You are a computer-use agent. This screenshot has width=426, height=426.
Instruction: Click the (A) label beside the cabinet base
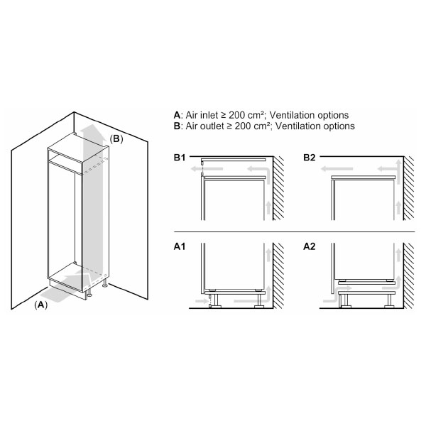coord(41,305)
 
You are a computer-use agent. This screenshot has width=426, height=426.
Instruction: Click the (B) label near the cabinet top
coord(116,140)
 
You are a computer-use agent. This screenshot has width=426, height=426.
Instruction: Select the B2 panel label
coord(310,158)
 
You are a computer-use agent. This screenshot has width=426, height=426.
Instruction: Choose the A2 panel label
coord(310,248)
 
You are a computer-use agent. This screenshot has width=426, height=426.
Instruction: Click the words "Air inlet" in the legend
coord(202,115)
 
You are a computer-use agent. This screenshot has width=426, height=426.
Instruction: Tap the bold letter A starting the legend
coord(177,115)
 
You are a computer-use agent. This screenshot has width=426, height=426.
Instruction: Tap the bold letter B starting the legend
coord(177,126)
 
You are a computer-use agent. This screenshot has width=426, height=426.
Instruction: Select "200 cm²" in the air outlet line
coord(252,126)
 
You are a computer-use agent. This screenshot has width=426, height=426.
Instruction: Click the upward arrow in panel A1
coord(267,259)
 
